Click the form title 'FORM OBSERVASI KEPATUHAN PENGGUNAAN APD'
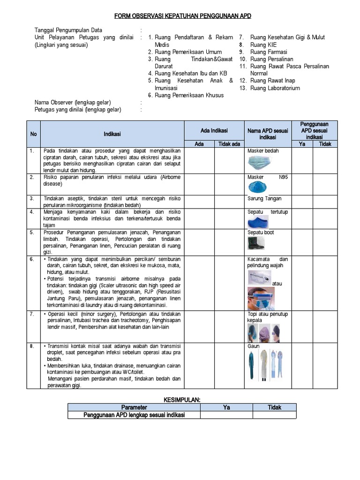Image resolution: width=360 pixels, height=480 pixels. click(x=183, y=16)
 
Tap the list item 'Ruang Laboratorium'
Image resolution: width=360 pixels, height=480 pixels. click(x=275, y=88)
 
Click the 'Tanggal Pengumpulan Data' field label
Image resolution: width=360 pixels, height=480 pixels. click(x=68, y=30)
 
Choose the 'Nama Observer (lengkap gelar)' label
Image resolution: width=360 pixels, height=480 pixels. click(x=73, y=103)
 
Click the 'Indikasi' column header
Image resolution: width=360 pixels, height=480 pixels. click(x=112, y=134)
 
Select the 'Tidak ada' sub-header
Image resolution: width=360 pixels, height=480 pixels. click(x=229, y=144)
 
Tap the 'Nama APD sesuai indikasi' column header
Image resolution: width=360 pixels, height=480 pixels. click(x=268, y=134)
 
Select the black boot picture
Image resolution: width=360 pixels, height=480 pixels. click(x=256, y=242)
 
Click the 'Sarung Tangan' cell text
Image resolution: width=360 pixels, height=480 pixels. click(x=264, y=199)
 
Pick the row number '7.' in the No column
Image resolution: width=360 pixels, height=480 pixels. click(x=32, y=314)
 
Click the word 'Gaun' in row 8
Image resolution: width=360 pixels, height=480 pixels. click(x=254, y=346)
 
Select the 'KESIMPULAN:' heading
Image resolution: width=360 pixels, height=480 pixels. click(x=182, y=399)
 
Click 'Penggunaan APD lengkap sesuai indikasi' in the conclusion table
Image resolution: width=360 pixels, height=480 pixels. click(x=134, y=415)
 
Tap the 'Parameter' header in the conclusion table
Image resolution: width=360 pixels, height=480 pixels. click(x=134, y=407)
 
